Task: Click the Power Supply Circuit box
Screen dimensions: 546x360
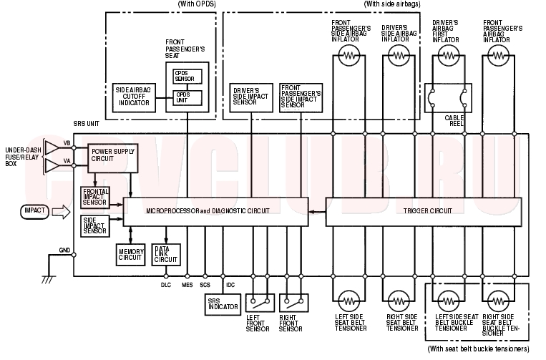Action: (x=113, y=158)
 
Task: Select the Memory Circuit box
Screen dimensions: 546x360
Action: (x=130, y=255)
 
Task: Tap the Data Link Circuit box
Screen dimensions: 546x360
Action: (x=166, y=255)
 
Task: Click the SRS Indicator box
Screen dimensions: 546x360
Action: (x=223, y=305)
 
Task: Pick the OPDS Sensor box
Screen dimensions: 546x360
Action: (x=187, y=77)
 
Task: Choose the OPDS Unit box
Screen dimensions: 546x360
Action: (x=187, y=98)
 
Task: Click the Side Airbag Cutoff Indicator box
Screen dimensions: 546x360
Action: (x=134, y=98)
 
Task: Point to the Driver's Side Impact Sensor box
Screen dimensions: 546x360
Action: (x=251, y=98)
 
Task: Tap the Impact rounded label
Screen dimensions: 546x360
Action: (x=35, y=212)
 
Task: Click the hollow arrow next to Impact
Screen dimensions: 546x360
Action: (x=62, y=212)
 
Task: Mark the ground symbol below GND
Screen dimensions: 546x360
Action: (x=49, y=279)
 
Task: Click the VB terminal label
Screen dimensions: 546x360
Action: (x=67, y=143)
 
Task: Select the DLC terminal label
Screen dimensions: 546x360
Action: (x=166, y=285)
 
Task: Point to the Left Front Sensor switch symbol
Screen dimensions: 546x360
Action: (x=260, y=303)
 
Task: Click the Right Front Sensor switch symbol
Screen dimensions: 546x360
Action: (x=293, y=303)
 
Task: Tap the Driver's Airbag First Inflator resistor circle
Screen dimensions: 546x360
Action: (x=449, y=55)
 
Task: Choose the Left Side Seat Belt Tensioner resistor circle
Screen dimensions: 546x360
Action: (x=349, y=301)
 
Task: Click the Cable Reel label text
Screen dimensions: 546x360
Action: (x=454, y=120)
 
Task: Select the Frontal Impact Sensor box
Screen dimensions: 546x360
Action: (x=95, y=198)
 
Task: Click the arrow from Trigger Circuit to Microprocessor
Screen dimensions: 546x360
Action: (x=317, y=212)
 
